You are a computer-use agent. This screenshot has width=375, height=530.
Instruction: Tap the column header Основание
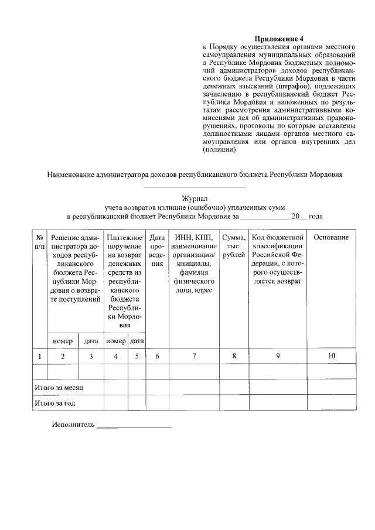point(331,238)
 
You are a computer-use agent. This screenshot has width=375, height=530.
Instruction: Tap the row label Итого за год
point(54,404)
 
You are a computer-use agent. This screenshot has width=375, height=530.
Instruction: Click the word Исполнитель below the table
point(73,425)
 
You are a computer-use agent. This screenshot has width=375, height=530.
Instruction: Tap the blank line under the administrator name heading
point(195,186)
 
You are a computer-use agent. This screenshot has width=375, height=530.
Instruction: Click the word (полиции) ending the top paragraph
point(219,149)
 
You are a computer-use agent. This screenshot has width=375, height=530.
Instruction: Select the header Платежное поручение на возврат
point(125,281)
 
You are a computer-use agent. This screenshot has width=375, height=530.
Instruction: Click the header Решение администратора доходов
point(76,269)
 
